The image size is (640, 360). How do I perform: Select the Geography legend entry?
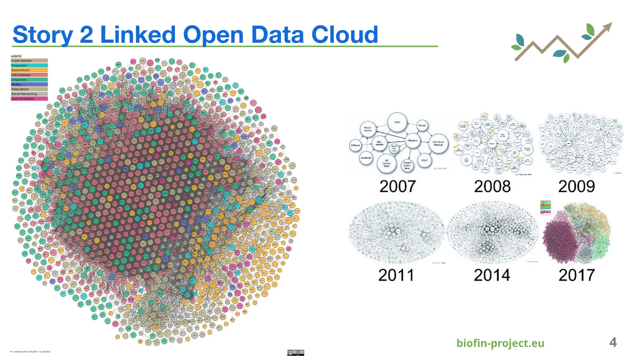coord(29,66)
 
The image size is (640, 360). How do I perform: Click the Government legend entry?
coord(29,70)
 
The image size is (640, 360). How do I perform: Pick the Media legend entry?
coord(29,84)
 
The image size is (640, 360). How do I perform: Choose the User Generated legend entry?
coord(29,99)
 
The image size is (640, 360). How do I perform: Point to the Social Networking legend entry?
coord(29,94)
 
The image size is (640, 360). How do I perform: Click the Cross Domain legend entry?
coord(29,61)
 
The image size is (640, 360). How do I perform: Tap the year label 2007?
coord(397,187)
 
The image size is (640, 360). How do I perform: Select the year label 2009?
coord(577,187)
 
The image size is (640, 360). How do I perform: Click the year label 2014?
coord(492,275)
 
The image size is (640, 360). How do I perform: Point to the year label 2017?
coord(577,275)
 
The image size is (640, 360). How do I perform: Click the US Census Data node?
coord(387,163)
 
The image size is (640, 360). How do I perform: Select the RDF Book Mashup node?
coord(438,143)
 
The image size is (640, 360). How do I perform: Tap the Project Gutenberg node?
coord(407,165)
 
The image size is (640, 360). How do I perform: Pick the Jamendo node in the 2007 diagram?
coord(366,158)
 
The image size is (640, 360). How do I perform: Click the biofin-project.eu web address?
coord(500,343)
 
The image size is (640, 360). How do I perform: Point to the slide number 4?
coord(613,342)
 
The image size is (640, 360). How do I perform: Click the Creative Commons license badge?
coord(295,352)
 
